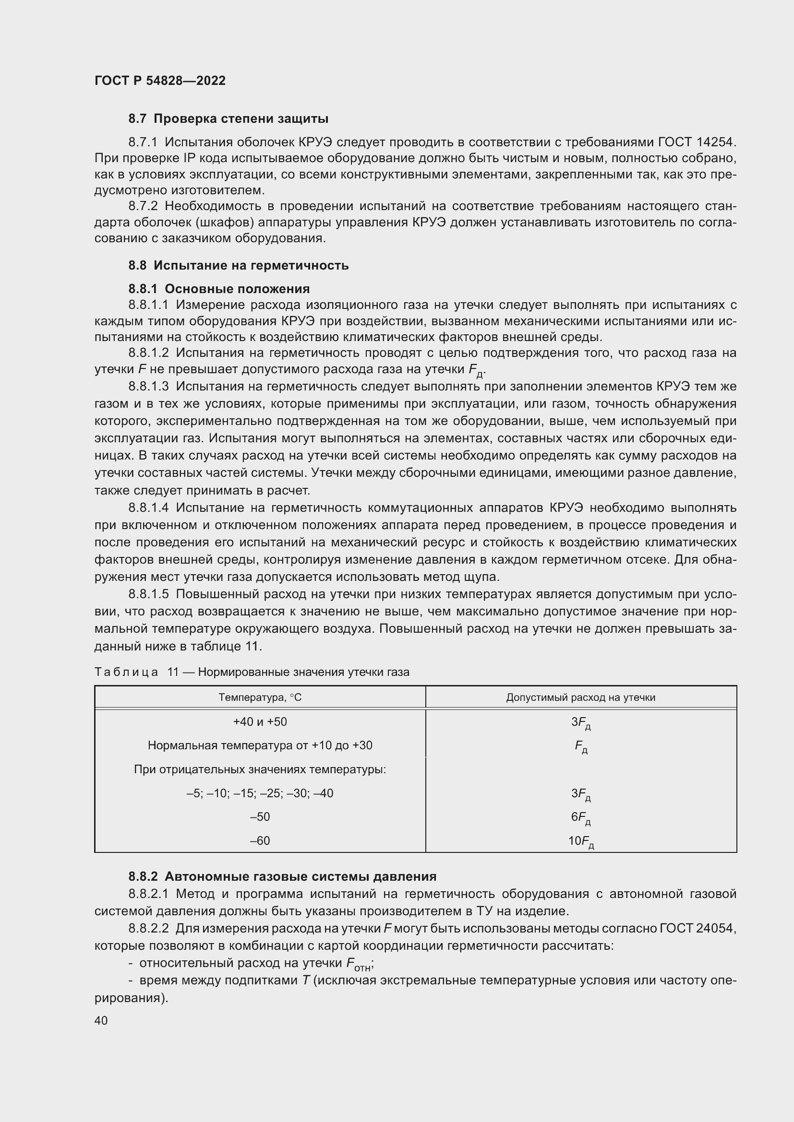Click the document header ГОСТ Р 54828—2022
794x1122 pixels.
tap(160, 81)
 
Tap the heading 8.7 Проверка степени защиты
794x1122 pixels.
tap(229, 119)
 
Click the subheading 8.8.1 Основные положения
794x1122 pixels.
tap(219, 289)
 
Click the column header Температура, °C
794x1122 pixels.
tap(260, 697)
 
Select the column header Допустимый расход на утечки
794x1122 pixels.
tap(580, 697)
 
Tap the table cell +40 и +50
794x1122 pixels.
tap(260, 722)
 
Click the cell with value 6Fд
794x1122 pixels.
tap(580, 817)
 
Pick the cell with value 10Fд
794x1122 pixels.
tap(580, 841)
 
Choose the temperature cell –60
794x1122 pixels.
tap(260, 840)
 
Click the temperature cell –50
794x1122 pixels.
tap(260, 816)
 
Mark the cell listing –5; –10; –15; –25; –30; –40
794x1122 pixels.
tap(260, 793)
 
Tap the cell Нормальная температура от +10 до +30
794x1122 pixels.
tap(260, 745)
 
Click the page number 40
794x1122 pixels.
tap(101, 1020)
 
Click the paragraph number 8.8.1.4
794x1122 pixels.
tap(149, 508)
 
